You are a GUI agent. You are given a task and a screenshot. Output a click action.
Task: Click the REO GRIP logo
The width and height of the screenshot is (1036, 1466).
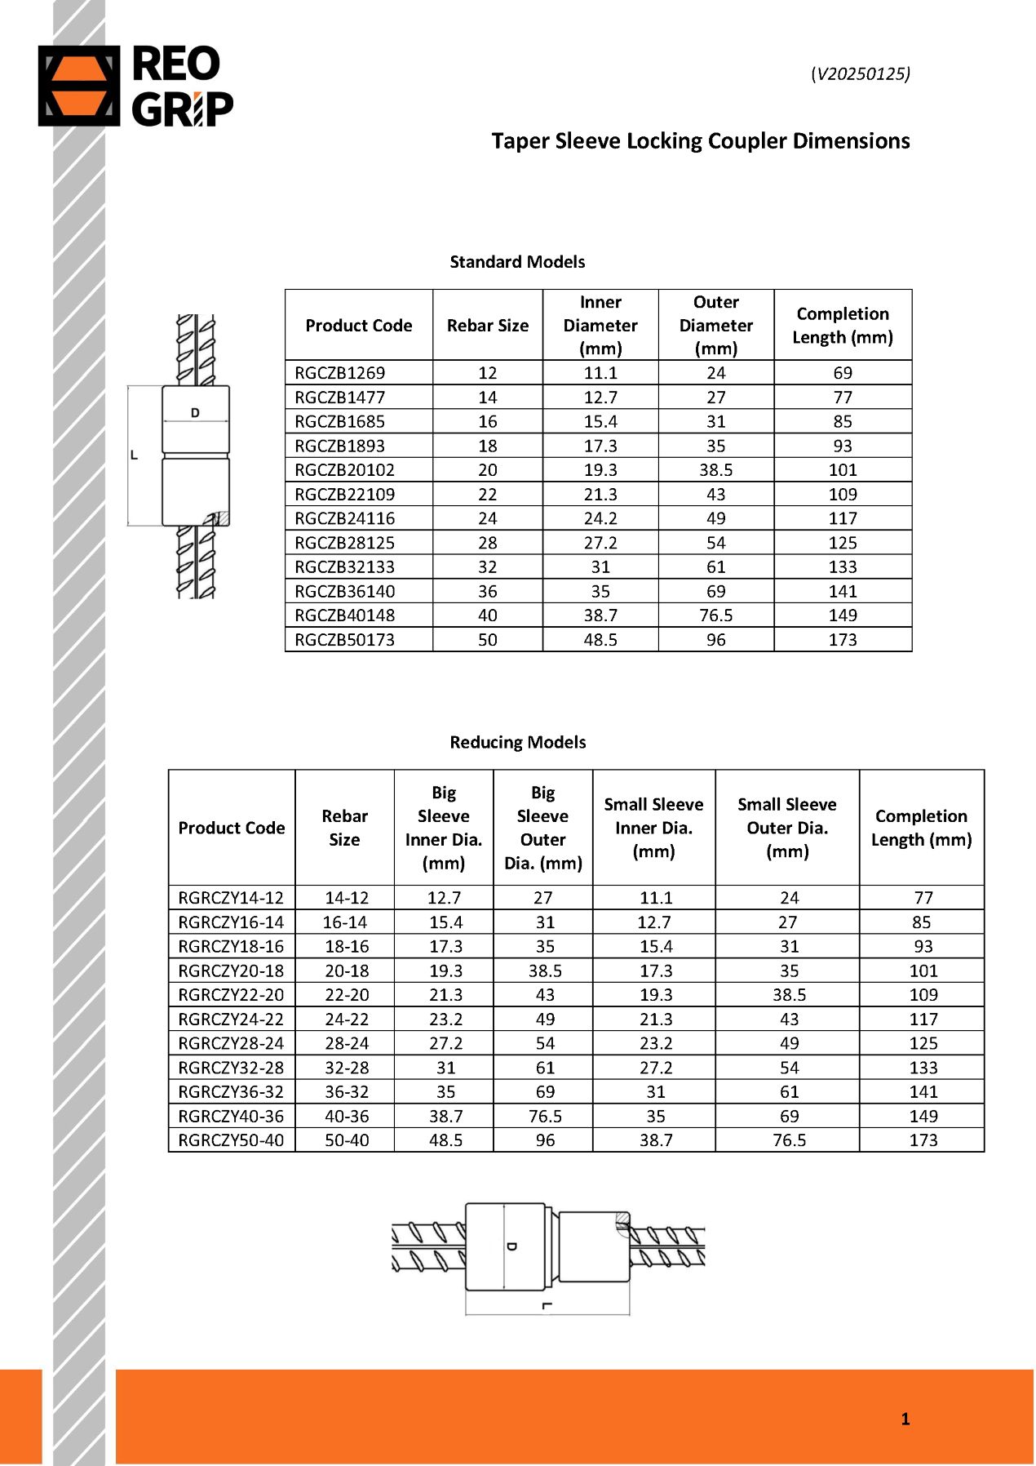136,86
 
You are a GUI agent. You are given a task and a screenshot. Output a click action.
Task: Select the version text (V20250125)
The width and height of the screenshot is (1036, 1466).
860,73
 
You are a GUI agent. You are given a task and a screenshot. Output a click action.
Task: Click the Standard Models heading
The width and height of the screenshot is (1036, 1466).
517,262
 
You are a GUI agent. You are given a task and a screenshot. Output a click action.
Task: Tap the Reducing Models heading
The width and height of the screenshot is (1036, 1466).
517,742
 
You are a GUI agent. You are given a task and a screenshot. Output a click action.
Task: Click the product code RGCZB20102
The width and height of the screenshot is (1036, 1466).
344,470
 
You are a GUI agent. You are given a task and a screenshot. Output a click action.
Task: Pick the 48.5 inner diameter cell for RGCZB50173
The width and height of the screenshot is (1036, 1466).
600,640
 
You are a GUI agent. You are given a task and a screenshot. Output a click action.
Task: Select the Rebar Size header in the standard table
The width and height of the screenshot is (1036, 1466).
487,326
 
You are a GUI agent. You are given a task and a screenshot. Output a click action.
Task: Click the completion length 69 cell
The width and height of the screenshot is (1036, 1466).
843,373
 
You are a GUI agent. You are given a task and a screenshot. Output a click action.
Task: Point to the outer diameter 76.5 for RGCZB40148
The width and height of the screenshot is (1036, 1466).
715,615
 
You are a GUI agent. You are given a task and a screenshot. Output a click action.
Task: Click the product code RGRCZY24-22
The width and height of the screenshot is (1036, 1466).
231,1019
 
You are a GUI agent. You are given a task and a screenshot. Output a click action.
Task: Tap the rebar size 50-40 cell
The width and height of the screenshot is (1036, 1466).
347,1140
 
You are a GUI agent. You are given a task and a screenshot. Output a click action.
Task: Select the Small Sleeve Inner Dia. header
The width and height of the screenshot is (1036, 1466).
653,828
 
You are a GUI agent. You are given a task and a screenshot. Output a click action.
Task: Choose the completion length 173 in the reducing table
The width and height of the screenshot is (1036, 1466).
923,1140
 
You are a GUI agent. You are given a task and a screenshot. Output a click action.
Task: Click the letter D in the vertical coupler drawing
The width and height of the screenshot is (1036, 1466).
195,413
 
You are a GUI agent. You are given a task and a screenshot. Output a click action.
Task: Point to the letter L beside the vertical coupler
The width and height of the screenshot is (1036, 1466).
134,455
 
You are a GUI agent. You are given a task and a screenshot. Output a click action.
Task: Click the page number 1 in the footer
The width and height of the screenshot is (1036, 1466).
905,1419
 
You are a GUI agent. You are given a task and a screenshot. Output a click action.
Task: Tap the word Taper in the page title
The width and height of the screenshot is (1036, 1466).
520,141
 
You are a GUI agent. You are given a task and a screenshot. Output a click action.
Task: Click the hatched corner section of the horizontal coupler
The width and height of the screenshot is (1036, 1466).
622,1219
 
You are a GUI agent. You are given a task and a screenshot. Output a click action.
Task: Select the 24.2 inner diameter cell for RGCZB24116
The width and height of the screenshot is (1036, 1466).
600,518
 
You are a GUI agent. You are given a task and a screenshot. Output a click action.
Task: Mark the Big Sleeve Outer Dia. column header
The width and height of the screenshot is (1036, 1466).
542,828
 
